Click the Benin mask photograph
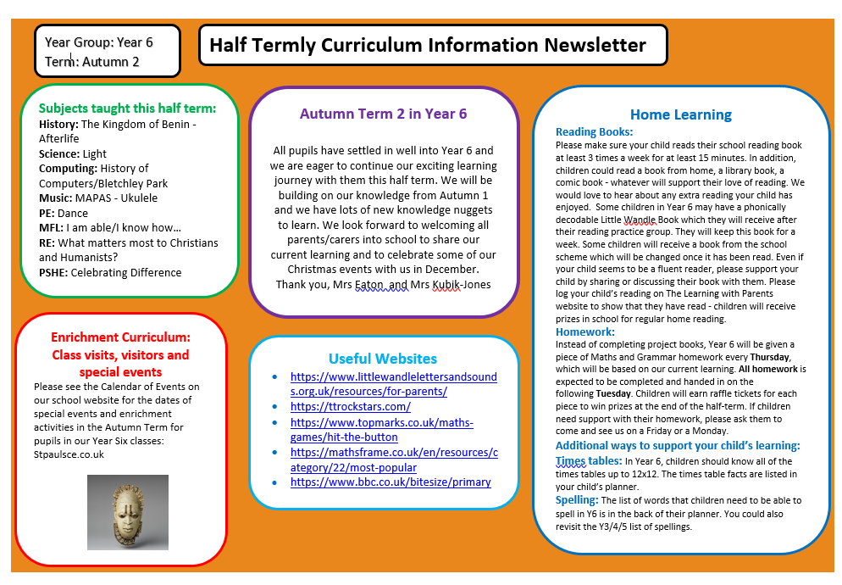pyautogui.click(x=127, y=511)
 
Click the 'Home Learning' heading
pyautogui.click(x=680, y=114)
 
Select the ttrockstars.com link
pyautogui.click(x=350, y=406)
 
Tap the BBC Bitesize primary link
pyautogui.click(x=391, y=482)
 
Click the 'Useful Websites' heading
pyautogui.click(x=383, y=359)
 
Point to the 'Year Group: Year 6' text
pyautogui.click(x=99, y=42)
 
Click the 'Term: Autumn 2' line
pyautogui.click(x=91, y=61)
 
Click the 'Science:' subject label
pyautogui.click(x=59, y=153)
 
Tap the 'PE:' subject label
pyautogui.click(x=47, y=213)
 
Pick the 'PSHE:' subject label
pyautogui.click(x=53, y=272)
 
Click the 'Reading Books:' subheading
pyautogui.click(x=594, y=131)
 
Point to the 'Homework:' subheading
pyautogui.click(x=584, y=331)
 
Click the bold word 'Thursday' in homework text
pyautogui.click(x=769, y=357)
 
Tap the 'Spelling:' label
pyautogui.click(x=576, y=500)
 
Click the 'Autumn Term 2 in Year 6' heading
pyautogui.click(x=383, y=114)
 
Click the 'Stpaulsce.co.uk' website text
pyautogui.click(x=69, y=454)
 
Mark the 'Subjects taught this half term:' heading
pyautogui.click(x=127, y=108)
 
